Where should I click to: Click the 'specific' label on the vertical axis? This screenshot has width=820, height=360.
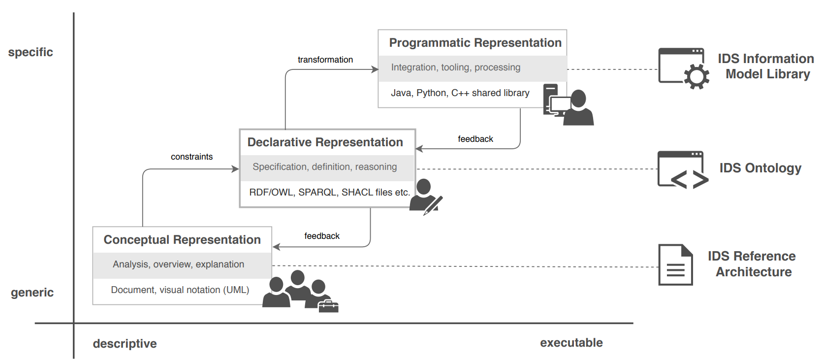pos(31,52)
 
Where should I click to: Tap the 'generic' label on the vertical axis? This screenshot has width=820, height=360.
pos(32,293)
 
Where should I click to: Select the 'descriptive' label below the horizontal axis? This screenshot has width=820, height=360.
pos(125,344)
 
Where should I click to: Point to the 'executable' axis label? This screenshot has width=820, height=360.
pos(571,343)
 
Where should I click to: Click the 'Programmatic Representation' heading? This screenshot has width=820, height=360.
pos(475,43)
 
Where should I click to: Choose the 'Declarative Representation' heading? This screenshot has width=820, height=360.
pos(325,142)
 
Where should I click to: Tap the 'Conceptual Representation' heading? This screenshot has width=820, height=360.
pos(182,239)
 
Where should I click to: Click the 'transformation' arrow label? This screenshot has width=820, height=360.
pos(325,60)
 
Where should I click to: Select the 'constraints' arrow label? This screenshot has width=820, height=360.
pos(192,157)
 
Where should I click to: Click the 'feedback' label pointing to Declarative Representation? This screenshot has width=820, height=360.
pos(475,139)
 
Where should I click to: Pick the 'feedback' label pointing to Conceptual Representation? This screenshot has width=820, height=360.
pos(322,236)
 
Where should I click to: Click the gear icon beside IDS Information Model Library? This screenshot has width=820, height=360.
pos(696,76)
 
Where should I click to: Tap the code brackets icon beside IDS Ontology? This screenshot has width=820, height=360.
pos(690,180)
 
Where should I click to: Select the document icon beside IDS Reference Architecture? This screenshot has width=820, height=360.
pos(675,265)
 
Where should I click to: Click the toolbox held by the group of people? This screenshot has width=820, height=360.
pos(328,306)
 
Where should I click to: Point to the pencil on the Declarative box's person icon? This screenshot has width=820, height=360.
pos(433,206)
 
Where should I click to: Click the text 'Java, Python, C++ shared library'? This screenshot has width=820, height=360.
pos(460,93)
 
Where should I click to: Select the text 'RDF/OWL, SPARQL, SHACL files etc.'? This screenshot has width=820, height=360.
pos(329,192)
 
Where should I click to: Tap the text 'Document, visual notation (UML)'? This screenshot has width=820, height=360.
pos(180,290)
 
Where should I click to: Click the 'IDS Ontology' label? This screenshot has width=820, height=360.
pos(760,168)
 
